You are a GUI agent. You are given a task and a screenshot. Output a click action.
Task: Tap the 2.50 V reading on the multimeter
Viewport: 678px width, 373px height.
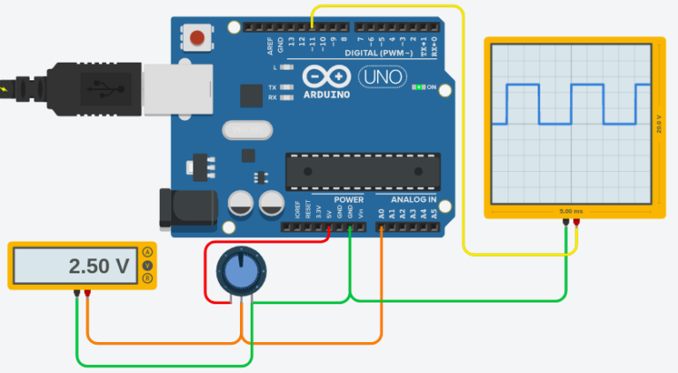98,265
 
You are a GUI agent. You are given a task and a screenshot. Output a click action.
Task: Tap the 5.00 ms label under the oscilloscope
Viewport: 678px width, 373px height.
572,212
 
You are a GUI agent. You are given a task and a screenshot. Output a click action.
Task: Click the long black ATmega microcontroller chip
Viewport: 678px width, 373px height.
362,170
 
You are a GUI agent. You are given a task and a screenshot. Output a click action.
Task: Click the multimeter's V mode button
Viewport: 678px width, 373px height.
147,265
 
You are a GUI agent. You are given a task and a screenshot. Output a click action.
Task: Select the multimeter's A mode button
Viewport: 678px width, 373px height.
147,252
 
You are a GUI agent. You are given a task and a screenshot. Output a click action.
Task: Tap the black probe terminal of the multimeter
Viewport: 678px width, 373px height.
78,294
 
